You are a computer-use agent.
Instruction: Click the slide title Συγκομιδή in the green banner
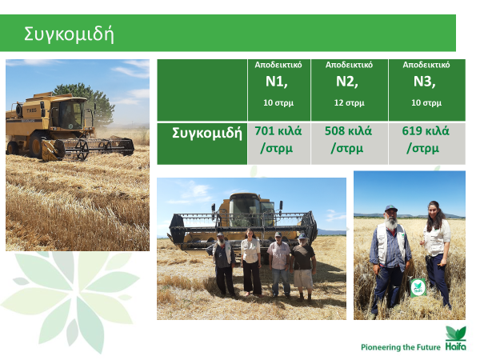point(69,34)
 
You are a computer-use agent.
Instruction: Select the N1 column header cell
point(279,90)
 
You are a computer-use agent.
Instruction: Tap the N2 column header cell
point(350,90)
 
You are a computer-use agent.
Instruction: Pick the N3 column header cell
point(426,90)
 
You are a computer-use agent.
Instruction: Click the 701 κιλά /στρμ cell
point(279,143)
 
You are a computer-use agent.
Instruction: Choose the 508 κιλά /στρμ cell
point(350,143)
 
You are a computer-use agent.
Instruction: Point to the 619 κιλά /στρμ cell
point(426,143)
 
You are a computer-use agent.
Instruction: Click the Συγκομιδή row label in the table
point(207,133)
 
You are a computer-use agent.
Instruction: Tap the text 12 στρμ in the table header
point(350,102)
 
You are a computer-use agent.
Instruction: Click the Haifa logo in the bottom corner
point(456,338)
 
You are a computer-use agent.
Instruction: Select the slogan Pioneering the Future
point(401,347)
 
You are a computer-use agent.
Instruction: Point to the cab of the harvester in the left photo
point(71,114)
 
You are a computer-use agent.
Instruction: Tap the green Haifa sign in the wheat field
point(418,287)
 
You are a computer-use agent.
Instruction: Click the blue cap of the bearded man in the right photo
point(391,209)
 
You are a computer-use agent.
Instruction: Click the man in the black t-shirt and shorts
point(302,266)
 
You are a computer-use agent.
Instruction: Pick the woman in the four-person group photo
point(251,262)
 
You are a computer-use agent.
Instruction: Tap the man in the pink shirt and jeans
point(278,264)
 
